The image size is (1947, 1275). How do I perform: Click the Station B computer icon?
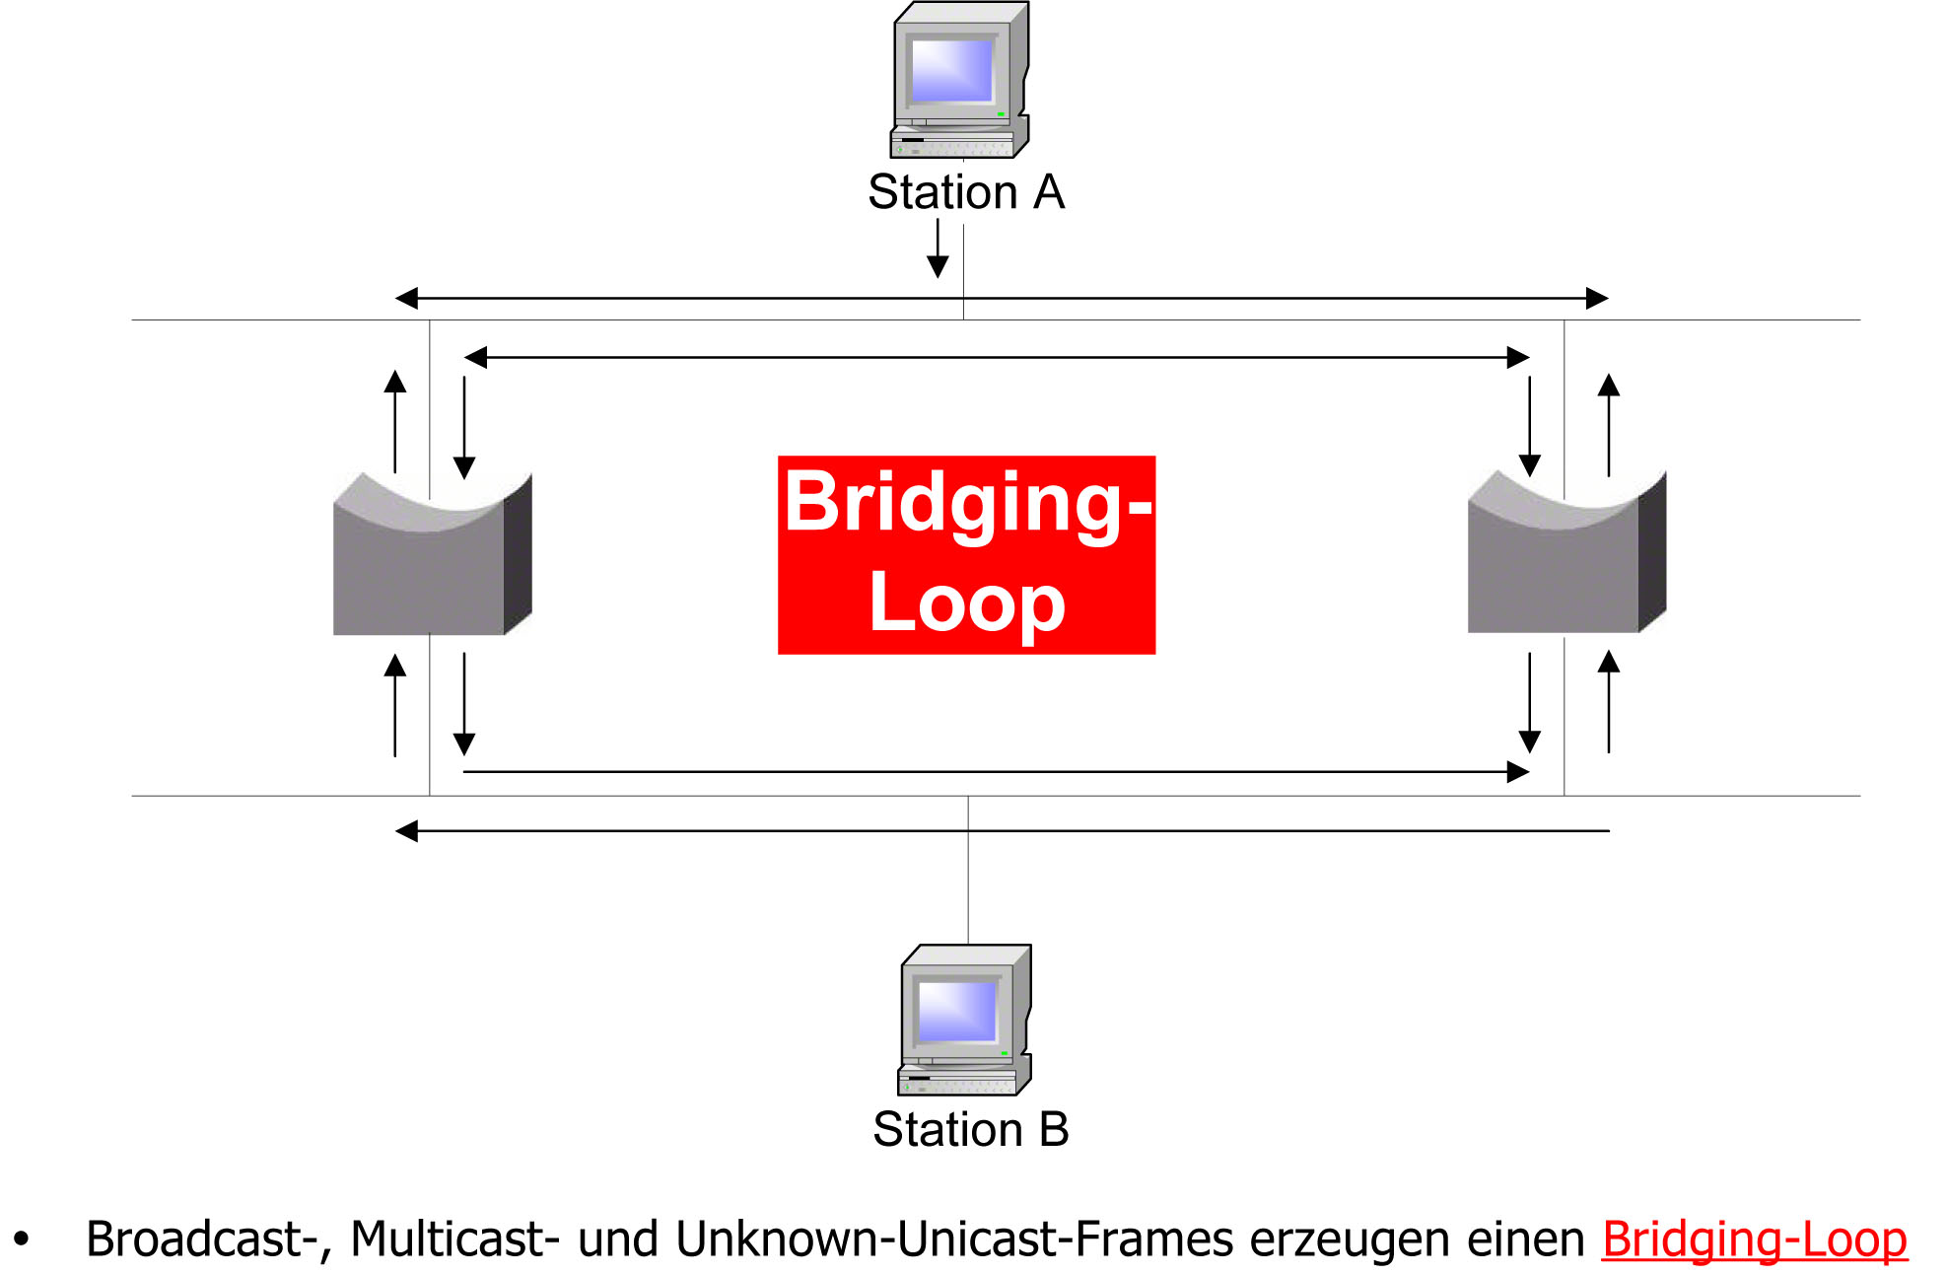click(964, 1021)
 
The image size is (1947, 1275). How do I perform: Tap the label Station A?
click(966, 191)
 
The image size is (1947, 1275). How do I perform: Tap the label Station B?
click(971, 1129)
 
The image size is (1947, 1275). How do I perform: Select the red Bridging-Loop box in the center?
click(966, 554)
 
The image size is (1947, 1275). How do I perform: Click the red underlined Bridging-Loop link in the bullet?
click(1754, 1240)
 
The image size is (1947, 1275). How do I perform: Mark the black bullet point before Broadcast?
click(22, 1239)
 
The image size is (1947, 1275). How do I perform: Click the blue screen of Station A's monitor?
click(951, 70)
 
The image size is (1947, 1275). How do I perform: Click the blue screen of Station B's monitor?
click(957, 1011)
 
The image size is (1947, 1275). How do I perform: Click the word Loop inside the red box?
click(966, 603)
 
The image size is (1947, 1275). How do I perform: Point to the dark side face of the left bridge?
click(518, 554)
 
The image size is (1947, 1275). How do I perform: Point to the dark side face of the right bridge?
click(1652, 552)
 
